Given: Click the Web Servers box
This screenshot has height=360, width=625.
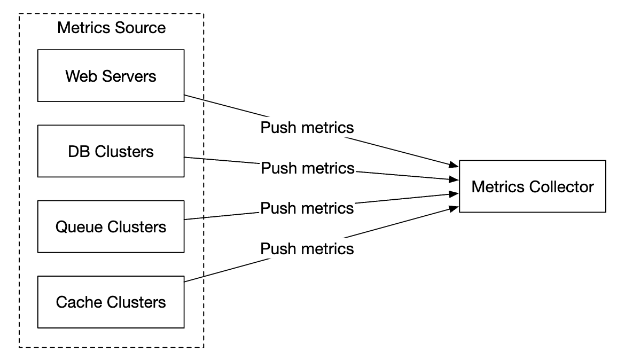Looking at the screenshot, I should [111, 75].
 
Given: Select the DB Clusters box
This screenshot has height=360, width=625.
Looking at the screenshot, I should [111, 151].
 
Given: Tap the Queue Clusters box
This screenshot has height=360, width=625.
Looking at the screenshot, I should [111, 227].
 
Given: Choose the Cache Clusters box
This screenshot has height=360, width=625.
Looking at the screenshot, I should [111, 302].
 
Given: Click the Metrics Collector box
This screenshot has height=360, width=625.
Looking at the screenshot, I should [532, 186].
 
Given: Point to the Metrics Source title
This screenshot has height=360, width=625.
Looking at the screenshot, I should [111, 28].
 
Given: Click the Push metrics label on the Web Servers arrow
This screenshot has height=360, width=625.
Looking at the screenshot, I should [307, 128].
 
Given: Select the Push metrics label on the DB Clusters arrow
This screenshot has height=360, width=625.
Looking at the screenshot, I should [307, 168].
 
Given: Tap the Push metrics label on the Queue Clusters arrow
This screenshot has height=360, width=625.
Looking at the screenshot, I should [307, 208].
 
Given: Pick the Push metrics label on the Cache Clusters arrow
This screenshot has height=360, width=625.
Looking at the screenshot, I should [307, 248].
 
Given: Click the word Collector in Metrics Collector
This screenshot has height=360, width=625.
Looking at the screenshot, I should [559, 187].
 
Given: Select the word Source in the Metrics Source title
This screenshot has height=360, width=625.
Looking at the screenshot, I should [139, 28].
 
